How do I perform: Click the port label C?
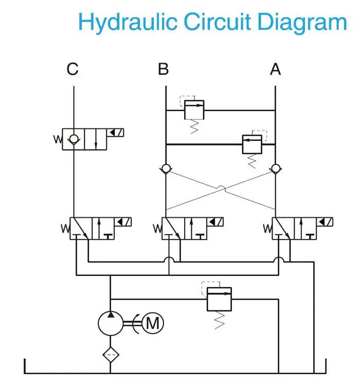click(x=73, y=69)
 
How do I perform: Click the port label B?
click(x=163, y=69)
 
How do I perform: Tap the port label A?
click(x=276, y=69)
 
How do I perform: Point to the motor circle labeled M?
click(x=152, y=323)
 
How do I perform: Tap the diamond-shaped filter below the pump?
click(x=110, y=355)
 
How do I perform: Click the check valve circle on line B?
click(x=166, y=169)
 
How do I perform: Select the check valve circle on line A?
click(x=276, y=169)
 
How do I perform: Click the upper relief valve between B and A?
click(x=194, y=110)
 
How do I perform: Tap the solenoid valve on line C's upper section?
click(x=84, y=139)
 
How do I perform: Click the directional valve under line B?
click(x=185, y=229)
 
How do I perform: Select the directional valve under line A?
click(x=296, y=229)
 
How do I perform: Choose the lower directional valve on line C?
click(x=84, y=229)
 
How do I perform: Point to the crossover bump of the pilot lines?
click(x=221, y=189)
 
